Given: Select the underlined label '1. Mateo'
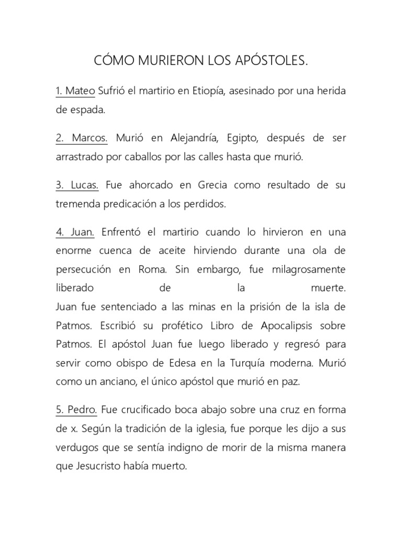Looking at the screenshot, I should [x=75, y=92].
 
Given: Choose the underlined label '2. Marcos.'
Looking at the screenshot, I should [x=81, y=138].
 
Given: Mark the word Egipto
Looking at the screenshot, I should [x=243, y=138].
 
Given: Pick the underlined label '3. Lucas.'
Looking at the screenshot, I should [x=77, y=185].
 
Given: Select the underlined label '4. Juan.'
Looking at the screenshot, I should [x=75, y=232].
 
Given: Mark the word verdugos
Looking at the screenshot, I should [x=77, y=448].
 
